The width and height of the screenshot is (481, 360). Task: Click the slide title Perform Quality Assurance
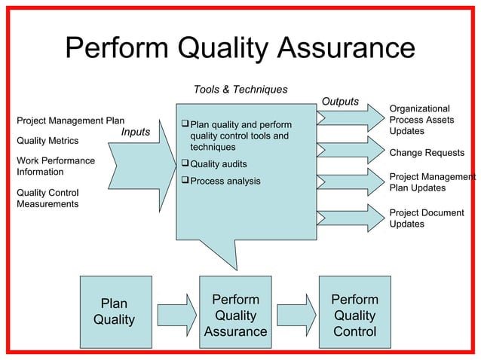(240, 49)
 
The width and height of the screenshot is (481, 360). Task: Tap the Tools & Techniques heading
(240, 90)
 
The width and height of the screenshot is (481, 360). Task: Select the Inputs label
(135, 133)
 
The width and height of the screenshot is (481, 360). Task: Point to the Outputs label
(340, 102)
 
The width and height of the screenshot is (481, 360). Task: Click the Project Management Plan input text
(70, 121)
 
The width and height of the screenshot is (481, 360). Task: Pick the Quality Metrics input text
(47, 141)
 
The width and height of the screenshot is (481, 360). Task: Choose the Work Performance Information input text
(55, 166)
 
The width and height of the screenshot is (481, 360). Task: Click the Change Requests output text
(427, 153)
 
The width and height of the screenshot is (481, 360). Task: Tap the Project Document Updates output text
(427, 218)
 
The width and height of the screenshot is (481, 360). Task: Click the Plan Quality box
(115, 312)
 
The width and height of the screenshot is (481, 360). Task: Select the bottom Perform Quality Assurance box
(235, 316)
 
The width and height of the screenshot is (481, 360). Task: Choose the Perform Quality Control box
(354, 316)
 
